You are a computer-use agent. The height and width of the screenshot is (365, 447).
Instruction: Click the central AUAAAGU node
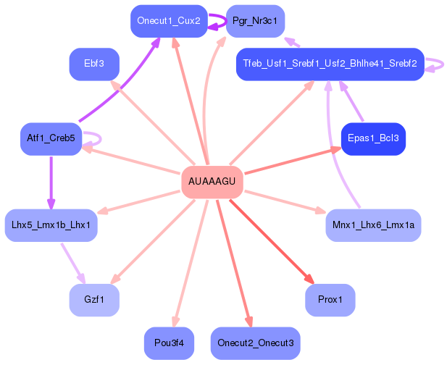(x=212, y=181)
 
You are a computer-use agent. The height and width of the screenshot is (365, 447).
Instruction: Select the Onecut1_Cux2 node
(x=167, y=22)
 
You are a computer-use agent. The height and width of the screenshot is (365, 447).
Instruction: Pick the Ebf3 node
(x=94, y=64)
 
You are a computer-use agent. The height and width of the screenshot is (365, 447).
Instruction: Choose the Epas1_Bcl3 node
(x=372, y=138)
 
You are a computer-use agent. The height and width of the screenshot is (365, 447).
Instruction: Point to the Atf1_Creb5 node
(x=51, y=138)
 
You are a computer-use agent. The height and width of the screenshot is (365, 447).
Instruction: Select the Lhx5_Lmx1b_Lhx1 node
(x=51, y=225)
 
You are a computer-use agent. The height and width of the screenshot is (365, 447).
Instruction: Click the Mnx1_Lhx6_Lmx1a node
(x=373, y=225)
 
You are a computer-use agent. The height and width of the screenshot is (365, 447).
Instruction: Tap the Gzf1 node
(x=94, y=300)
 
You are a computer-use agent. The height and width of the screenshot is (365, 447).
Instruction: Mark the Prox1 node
(x=330, y=300)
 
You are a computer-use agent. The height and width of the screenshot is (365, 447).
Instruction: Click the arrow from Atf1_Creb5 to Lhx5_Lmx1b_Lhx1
(x=51, y=181)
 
